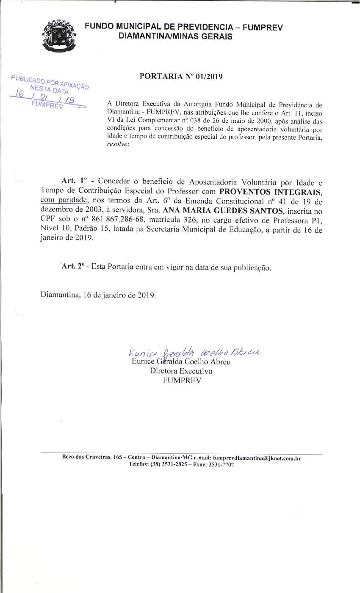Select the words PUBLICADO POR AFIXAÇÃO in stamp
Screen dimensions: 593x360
point(50,82)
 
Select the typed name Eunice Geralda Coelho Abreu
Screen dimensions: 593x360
point(181,362)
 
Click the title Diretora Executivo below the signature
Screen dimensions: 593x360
point(181,371)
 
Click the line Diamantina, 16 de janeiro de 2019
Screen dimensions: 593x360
point(98,295)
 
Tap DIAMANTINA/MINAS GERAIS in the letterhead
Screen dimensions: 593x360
point(175,36)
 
